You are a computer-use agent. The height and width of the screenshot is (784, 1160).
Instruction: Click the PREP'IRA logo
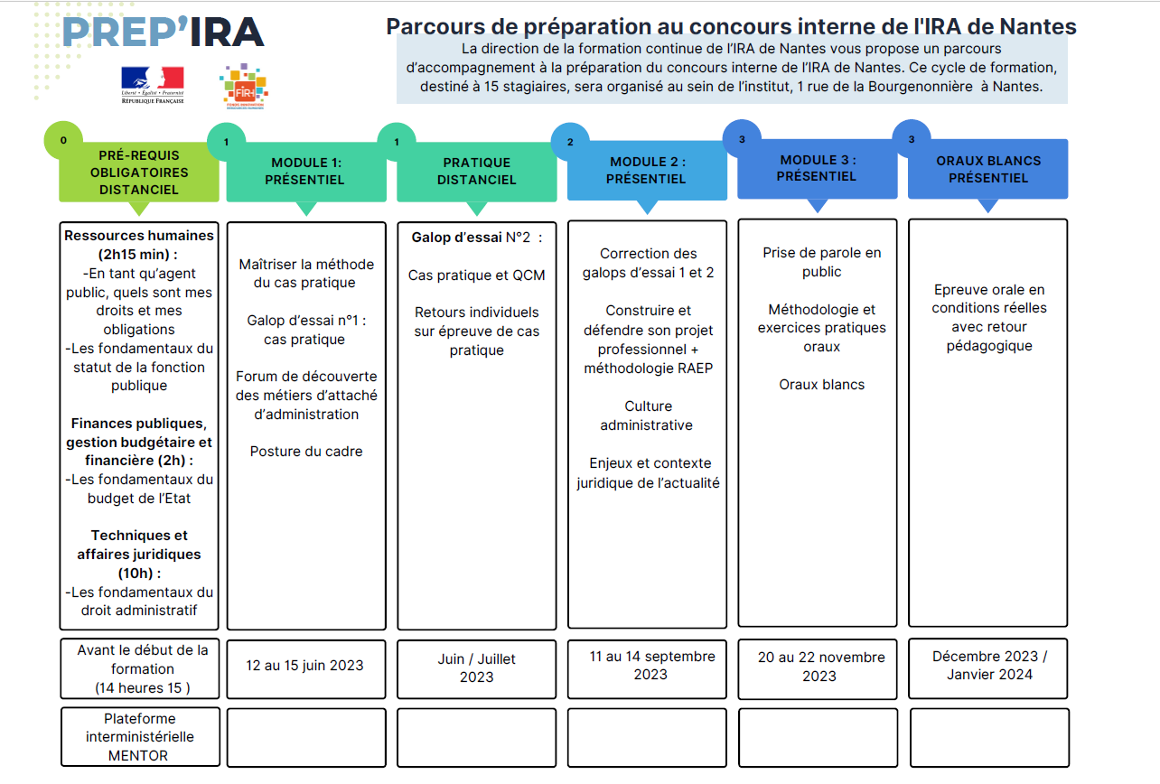pyautogui.click(x=164, y=33)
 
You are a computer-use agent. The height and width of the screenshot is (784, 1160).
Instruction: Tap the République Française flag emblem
pyautogui.click(x=153, y=85)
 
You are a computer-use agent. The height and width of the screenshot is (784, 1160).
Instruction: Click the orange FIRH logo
pyautogui.click(x=244, y=87)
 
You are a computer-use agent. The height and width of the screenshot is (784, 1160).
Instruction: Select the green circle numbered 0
pyautogui.click(x=63, y=140)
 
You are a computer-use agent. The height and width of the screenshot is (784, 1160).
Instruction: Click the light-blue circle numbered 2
pyautogui.click(x=570, y=142)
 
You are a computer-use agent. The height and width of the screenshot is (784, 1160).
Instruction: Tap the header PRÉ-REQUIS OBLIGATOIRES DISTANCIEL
pyautogui.click(x=139, y=173)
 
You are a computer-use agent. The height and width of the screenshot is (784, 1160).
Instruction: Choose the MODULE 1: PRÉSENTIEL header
pyautogui.click(x=305, y=172)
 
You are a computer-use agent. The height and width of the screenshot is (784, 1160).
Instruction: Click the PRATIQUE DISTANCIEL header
pyautogui.click(x=476, y=172)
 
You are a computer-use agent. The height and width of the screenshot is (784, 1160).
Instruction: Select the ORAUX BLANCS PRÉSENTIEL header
pyautogui.click(x=988, y=169)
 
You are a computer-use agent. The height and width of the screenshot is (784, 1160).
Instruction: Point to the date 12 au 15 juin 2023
pyautogui.click(x=305, y=666)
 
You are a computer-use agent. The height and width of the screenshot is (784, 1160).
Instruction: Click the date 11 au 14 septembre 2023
pyautogui.click(x=651, y=666)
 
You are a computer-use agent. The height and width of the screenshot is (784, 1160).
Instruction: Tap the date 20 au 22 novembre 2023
pyautogui.click(x=821, y=667)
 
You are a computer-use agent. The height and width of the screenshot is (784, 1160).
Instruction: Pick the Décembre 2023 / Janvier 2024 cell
pyautogui.click(x=988, y=668)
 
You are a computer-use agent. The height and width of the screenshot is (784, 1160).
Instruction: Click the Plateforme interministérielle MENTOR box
pyautogui.click(x=140, y=737)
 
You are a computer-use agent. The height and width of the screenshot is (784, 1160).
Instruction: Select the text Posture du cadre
pyautogui.click(x=306, y=452)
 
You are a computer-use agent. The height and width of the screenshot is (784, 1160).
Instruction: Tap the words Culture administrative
pyautogui.click(x=648, y=415)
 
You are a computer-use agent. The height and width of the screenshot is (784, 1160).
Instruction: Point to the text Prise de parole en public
pyautogui.click(x=822, y=262)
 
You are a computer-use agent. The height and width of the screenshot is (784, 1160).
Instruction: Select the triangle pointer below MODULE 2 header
pyautogui.click(x=647, y=207)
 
